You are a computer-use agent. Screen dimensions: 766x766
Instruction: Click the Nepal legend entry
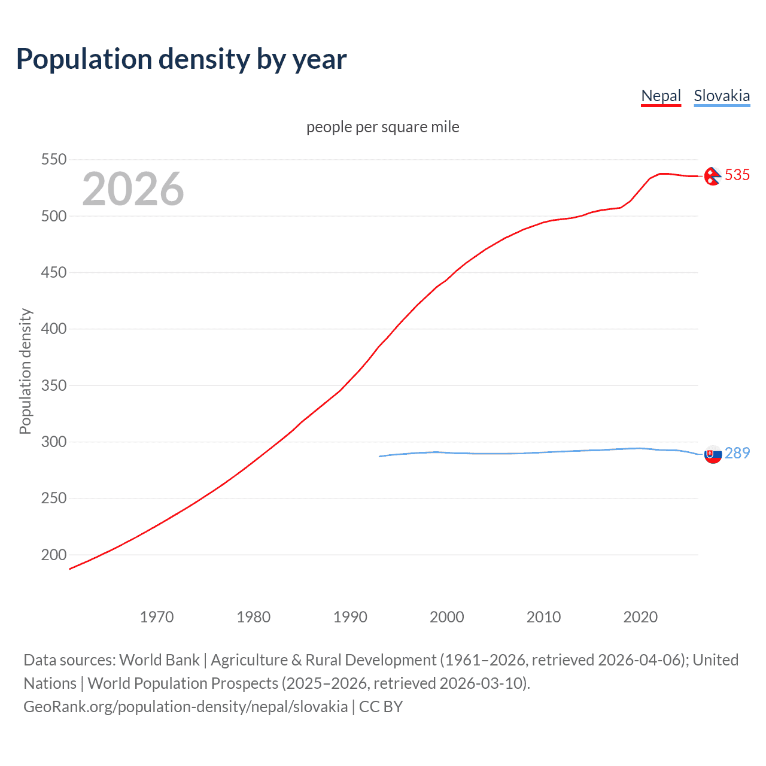pyautogui.click(x=661, y=96)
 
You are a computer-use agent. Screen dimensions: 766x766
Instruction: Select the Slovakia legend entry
pyautogui.click(x=722, y=96)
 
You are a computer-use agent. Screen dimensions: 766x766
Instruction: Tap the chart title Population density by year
pyautogui.click(x=181, y=59)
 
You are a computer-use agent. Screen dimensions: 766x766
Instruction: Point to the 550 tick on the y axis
pyautogui.click(x=54, y=159)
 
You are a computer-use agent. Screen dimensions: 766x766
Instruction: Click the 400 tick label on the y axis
pyautogui.click(x=54, y=329)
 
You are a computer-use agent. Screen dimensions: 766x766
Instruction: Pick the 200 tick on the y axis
pyautogui.click(x=54, y=555)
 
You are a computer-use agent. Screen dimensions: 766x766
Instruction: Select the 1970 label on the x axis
pyautogui.click(x=157, y=617)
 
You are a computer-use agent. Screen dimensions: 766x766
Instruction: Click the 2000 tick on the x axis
pyautogui.click(x=447, y=617)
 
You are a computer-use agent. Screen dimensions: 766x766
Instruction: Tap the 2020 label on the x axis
pyautogui.click(x=640, y=617)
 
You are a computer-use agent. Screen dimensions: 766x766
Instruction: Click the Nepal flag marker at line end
pyautogui.click(x=712, y=176)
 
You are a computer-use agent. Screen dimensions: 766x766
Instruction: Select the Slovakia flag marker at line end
pyautogui.click(x=713, y=454)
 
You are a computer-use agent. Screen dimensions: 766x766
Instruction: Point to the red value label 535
pyautogui.click(x=737, y=175)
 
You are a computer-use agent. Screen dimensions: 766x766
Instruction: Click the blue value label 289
pyautogui.click(x=737, y=453)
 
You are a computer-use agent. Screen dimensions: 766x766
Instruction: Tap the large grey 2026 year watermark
pyautogui.click(x=133, y=189)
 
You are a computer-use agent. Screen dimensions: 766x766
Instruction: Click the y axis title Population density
pyautogui.click(x=25, y=371)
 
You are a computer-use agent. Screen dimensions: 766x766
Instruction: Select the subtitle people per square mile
pyautogui.click(x=383, y=127)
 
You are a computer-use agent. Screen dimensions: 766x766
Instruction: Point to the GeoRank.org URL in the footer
pyautogui.click(x=186, y=706)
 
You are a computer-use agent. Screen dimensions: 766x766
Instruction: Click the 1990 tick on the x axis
pyautogui.click(x=350, y=617)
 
